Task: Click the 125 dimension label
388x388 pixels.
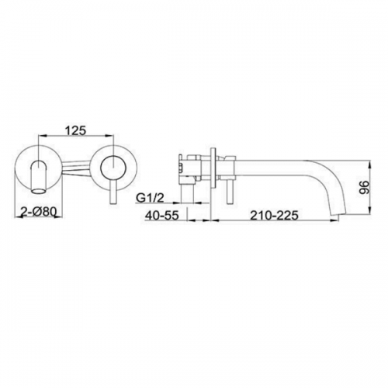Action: point(75,130)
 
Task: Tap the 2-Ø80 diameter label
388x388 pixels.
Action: point(38,213)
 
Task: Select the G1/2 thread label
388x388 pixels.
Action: point(151,199)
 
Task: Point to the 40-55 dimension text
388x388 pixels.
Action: point(162,215)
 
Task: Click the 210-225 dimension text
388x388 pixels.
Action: point(274,215)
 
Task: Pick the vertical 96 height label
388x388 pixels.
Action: point(364,187)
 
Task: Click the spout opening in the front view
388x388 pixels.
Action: point(39,192)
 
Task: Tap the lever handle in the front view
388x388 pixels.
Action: point(113,192)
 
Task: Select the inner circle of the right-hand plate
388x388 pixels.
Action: point(113,168)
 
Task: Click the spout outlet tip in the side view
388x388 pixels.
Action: point(338,213)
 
